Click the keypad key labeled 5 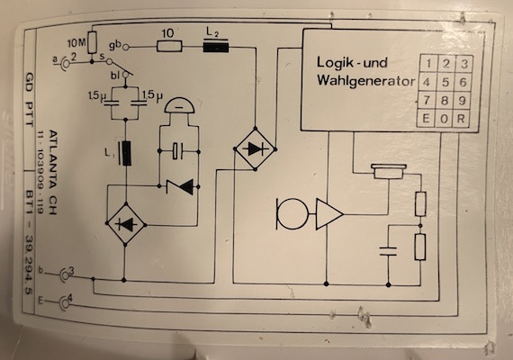coord(445,82)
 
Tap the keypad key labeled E coord(426,119)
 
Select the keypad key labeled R coord(461,119)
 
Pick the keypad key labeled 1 coord(428,63)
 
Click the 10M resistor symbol coord(93,42)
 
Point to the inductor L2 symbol coord(216,46)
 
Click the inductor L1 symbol coord(126,153)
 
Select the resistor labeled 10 coord(169,46)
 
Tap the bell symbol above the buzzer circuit coord(179,104)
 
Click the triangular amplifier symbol coord(328,214)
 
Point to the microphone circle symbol coord(292,214)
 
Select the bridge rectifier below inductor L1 coord(126,224)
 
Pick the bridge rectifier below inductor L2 coord(256,149)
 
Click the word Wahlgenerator coord(365,81)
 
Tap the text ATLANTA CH coord(53,172)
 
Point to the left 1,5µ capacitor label coord(95,96)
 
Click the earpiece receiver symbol coord(389,172)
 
